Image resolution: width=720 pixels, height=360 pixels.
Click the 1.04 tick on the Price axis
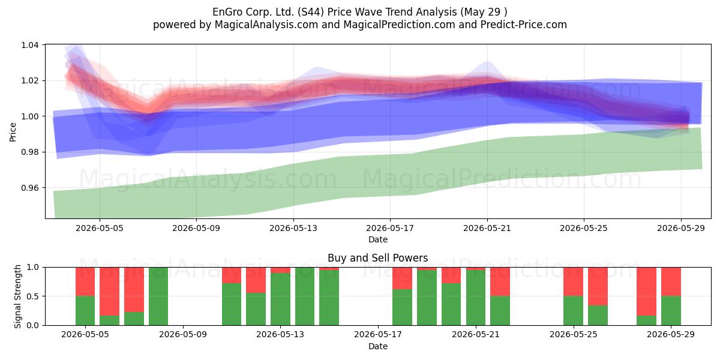coord(30,45)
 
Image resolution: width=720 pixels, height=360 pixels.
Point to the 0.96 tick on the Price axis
coord(30,188)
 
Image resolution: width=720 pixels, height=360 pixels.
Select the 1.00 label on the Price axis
coord(30,116)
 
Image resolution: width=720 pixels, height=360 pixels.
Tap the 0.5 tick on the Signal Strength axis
coord(32,296)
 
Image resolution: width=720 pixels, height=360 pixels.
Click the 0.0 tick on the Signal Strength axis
coord(32,325)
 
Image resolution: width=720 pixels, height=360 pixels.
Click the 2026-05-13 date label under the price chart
coord(293,228)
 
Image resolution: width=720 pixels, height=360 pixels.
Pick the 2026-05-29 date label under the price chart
coord(681,228)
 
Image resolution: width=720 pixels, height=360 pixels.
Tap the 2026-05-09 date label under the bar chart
coord(183,335)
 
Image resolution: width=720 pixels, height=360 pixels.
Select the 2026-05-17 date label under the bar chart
coord(378,335)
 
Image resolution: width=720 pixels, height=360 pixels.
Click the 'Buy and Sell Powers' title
coord(377,258)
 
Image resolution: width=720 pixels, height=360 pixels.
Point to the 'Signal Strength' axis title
coord(17,296)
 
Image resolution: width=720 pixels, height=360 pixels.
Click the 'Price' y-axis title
coord(13,132)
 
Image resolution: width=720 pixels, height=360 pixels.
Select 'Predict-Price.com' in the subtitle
coord(524,25)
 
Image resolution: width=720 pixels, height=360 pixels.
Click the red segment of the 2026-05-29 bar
coord(671,281)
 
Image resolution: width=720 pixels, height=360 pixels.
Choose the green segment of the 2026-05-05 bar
coord(85,311)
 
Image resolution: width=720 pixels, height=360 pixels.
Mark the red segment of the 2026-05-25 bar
coord(573,281)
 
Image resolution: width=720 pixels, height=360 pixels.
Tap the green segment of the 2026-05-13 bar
coord(280,299)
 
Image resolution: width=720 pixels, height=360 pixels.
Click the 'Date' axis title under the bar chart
coord(378,347)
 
